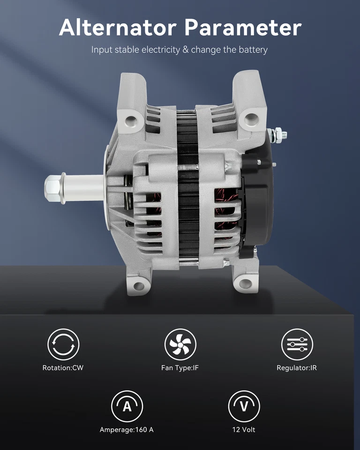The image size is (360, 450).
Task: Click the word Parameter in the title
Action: tap(243, 28)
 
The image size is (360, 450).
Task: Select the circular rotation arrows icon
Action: tap(63, 345)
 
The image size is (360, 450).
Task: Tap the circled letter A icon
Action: tap(127, 406)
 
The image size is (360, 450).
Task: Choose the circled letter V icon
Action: tap(244, 406)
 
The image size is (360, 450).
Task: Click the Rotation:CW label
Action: tap(63, 368)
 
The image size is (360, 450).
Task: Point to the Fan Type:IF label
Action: tap(180, 368)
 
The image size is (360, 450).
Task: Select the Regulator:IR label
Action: tap(297, 368)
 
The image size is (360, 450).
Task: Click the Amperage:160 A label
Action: tap(127, 429)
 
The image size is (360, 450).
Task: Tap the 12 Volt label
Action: tap(244, 429)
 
